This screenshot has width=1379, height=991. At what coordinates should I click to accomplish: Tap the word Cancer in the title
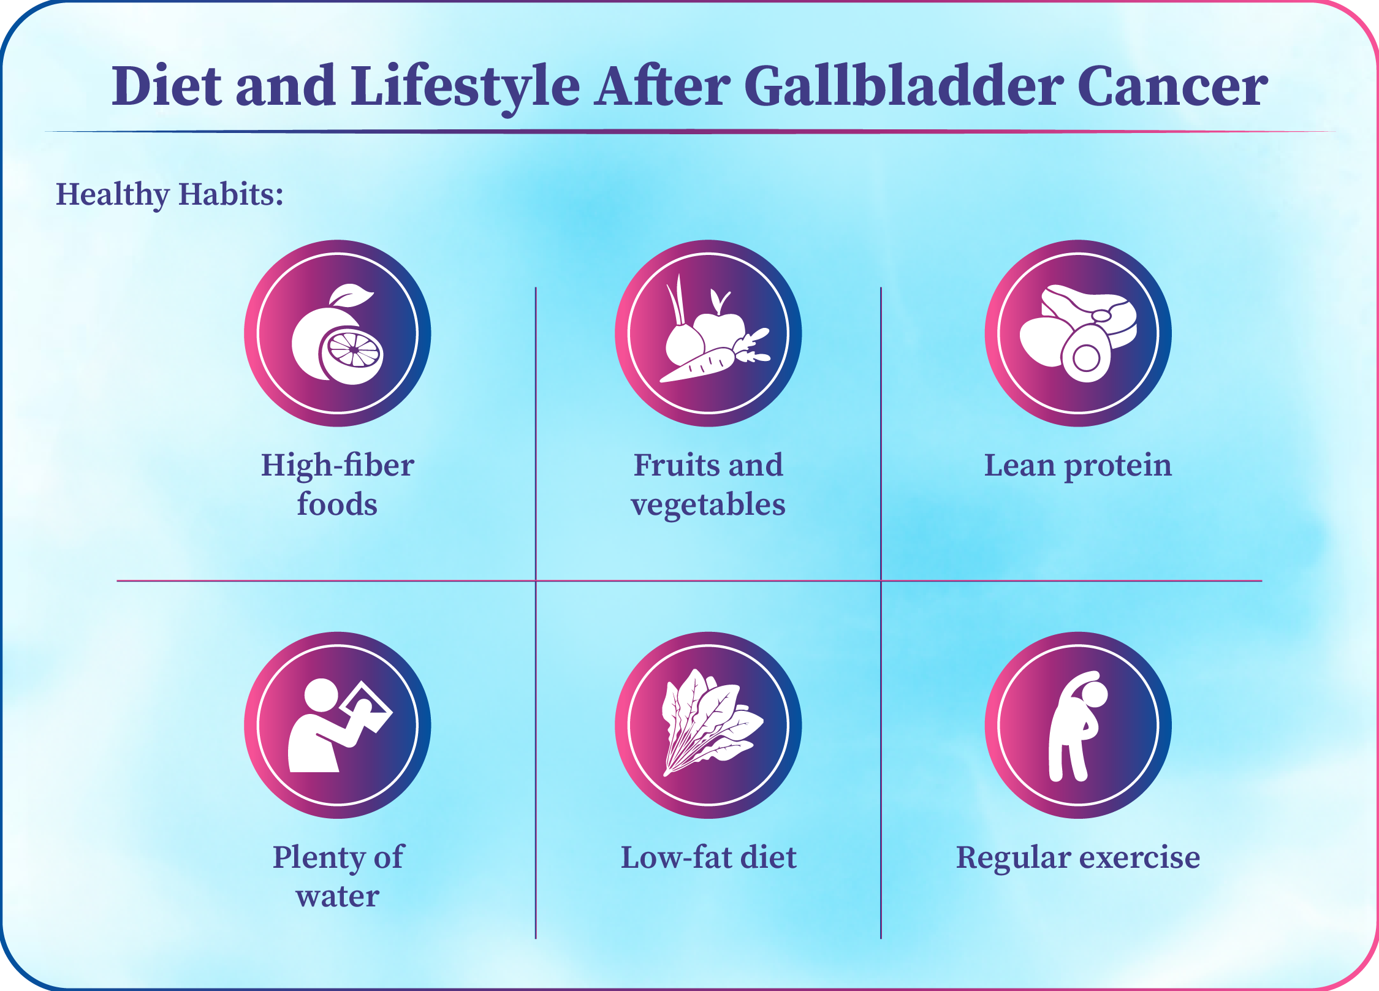(x=1172, y=86)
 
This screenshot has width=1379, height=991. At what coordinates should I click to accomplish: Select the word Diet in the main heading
(x=166, y=85)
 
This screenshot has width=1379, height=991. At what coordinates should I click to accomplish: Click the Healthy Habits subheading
(x=170, y=194)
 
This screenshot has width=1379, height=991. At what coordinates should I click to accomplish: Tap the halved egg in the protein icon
(x=1086, y=354)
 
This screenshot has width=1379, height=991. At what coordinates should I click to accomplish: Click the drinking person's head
(x=321, y=696)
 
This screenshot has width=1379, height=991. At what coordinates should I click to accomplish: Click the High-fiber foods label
(x=338, y=484)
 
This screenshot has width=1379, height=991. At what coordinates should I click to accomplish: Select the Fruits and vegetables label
(x=708, y=484)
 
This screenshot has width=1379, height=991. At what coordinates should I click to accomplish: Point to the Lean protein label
(x=1078, y=466)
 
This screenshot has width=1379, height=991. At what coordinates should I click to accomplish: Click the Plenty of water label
(x=338, y=876)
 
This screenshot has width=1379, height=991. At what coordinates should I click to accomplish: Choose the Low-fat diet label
(x=708, y=857)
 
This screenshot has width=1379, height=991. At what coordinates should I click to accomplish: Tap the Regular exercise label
(x=1078, y=858)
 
